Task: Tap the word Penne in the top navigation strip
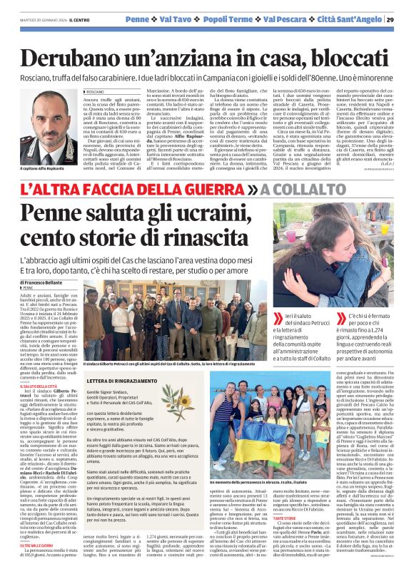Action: pos(137,19)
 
